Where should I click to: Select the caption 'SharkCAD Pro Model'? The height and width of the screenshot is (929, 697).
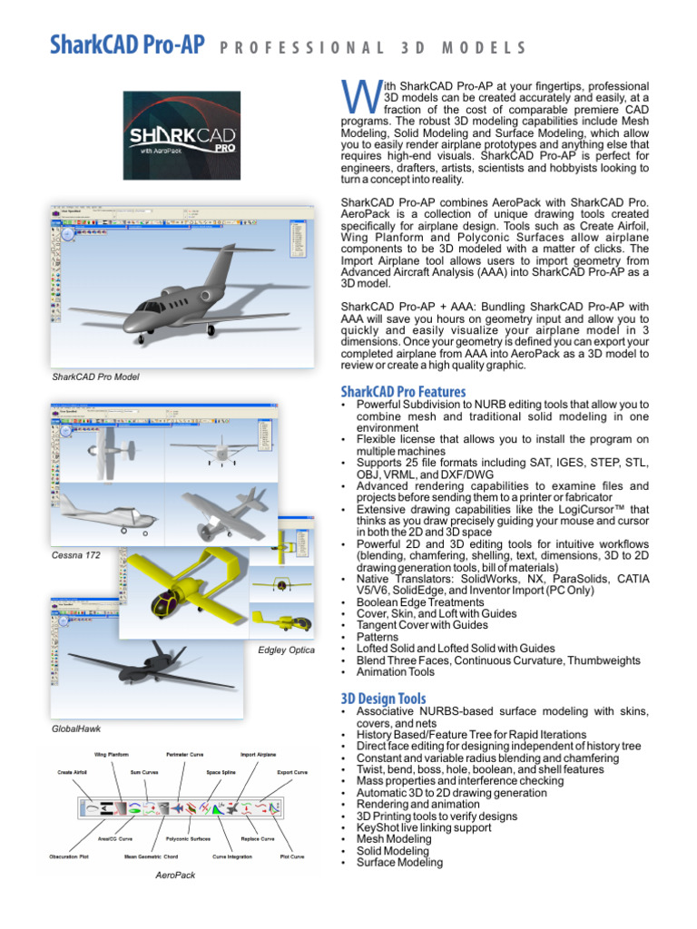coord(95,376)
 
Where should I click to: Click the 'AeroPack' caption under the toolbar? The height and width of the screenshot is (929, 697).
coord(176,875)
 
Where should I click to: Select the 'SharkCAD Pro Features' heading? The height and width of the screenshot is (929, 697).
coord(403,392)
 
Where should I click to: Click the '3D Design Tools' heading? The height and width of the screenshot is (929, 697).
coord(383,699)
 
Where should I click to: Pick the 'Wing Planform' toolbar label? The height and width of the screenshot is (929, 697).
coord(113,754)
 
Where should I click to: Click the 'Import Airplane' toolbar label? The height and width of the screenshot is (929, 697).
coord(260,754)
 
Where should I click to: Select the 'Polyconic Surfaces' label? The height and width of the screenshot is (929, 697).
coord(187,839)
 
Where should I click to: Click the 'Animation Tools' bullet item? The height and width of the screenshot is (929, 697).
coord(395,673)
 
